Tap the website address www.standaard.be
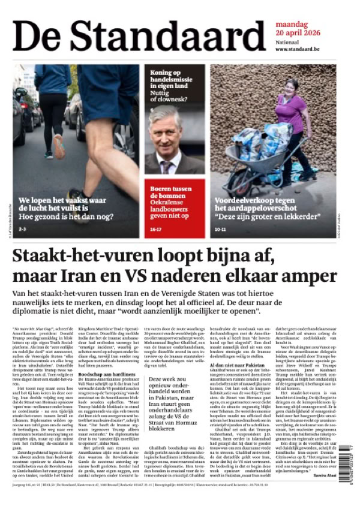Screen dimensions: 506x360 pyautogui.click(x=297, y=49)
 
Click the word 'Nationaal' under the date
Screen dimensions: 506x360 pyautogui.click(x=287, y=41)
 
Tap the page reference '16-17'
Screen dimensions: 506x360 pyautogui.click(x=156, y=229)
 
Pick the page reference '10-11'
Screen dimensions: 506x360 pyautogui.click(x=219, y=229)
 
